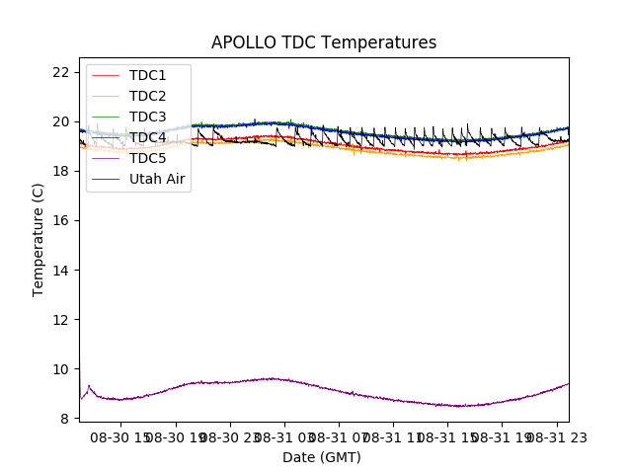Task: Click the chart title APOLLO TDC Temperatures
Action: point(323,42)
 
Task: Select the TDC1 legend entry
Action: point(147,75)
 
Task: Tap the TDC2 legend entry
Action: point(147,96)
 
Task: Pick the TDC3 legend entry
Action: point(147,117)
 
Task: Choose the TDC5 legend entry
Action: point(147,158)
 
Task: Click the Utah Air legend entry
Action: point(157,179)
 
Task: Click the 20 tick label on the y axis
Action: point(60,121)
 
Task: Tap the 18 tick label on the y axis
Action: point(60,171)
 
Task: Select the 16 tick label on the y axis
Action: point(60,220)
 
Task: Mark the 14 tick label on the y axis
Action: point(60,270)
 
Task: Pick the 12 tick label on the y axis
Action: point(60,319)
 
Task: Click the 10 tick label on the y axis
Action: point(60,368)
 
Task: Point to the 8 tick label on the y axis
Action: point(64,418)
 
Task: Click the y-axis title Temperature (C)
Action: point(39,239)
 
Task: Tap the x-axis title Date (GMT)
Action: point(322,457)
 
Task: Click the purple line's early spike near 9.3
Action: point(89,386)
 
